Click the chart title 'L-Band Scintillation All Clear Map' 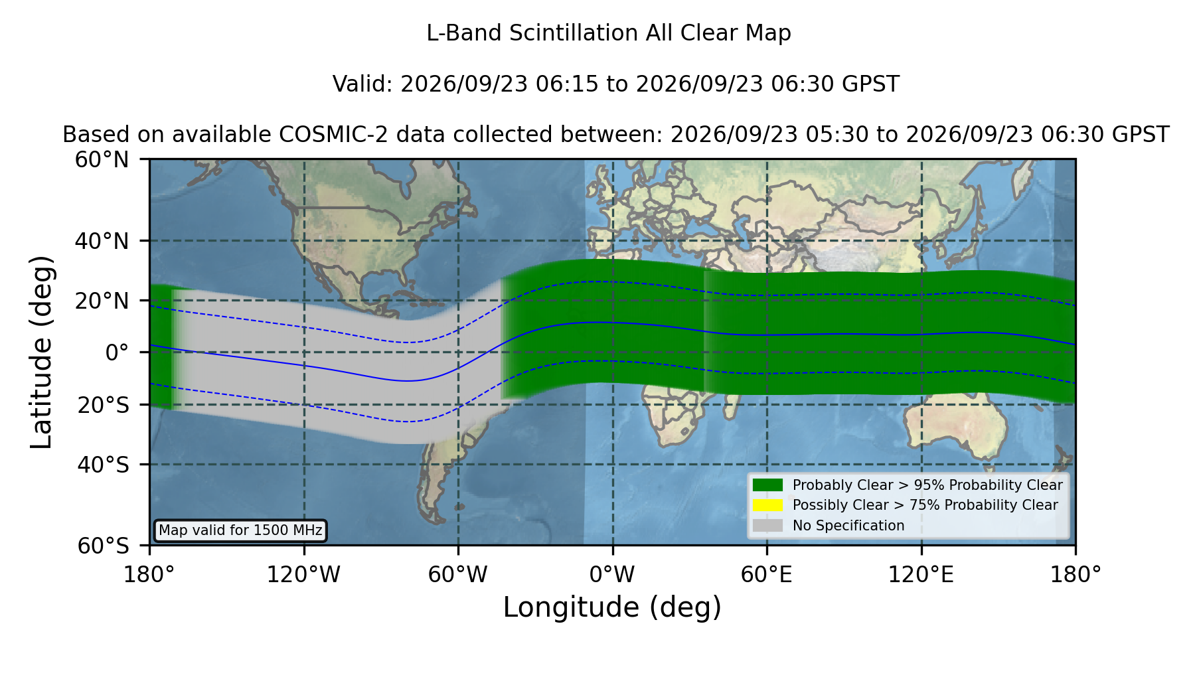[609, 33]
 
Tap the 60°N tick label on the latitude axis [102, 160]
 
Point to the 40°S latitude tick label [103, 465]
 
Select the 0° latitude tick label [117, 352]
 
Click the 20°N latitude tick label [102, 301]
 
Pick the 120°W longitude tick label [303, 575]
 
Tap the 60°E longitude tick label [767, 575]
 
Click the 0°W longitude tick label [612, 575]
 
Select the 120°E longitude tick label [921, 575]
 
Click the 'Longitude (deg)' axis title [612, 607]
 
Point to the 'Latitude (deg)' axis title [41, 352]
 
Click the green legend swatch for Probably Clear [767, 485]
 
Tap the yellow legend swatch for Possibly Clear [767, 505]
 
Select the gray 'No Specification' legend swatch [767, 526]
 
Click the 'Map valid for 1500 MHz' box [240, 530]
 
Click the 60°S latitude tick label [103, 546]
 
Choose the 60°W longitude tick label [458, 575]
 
